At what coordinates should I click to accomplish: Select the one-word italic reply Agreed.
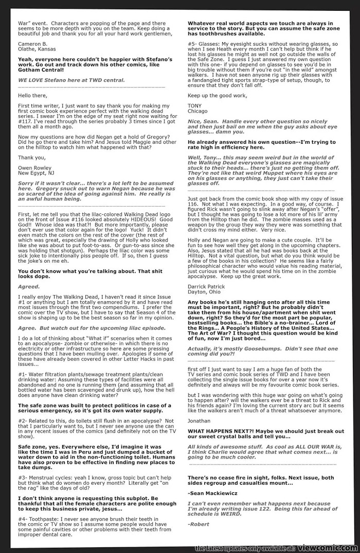pos(29,286)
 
